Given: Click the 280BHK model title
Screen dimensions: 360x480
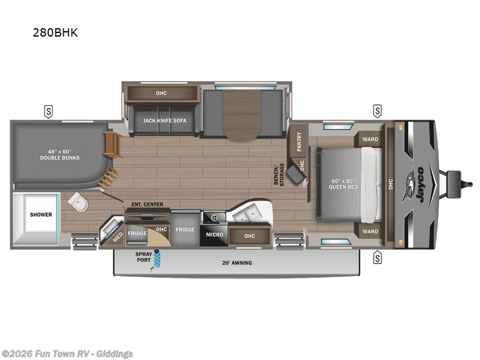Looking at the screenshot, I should click(x=55, y=32).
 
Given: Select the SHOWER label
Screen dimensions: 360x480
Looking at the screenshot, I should click(x=41, y=215).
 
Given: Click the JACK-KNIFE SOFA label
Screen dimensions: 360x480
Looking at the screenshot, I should click(x=164, y=120).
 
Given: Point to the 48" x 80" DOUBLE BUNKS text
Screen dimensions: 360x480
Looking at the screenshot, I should click(x=59, y=154).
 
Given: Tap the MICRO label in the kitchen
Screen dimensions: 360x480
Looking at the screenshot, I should click(x=214, y=233).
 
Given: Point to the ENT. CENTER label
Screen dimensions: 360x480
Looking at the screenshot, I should click(x=147, y=205).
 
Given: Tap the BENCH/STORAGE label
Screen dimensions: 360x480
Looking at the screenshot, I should click(x=280, y=174).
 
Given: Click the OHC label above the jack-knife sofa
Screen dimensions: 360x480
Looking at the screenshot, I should click(x=161, y=93).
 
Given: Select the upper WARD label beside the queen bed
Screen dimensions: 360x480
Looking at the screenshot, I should click(x=370, y=140).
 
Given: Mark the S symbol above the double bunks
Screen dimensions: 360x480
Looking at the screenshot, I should click(x=47, y=111).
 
